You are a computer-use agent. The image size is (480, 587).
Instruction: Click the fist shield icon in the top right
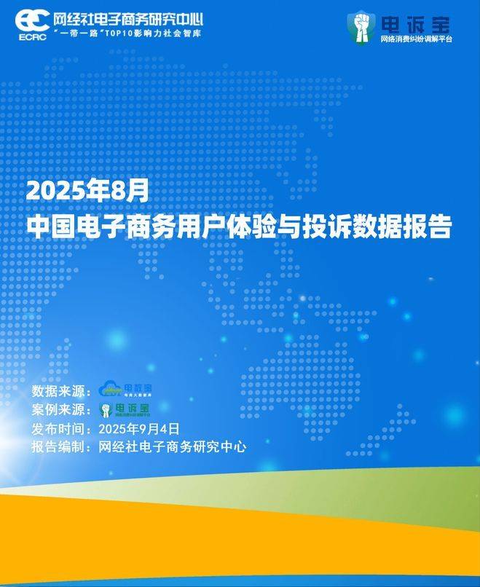coord(361,27)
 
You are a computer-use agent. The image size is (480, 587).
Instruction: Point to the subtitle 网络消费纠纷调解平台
coord(416,39)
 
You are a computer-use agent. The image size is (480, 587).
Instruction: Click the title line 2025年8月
coord(87,191)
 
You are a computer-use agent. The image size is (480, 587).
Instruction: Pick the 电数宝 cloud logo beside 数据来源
coord(125,390)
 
